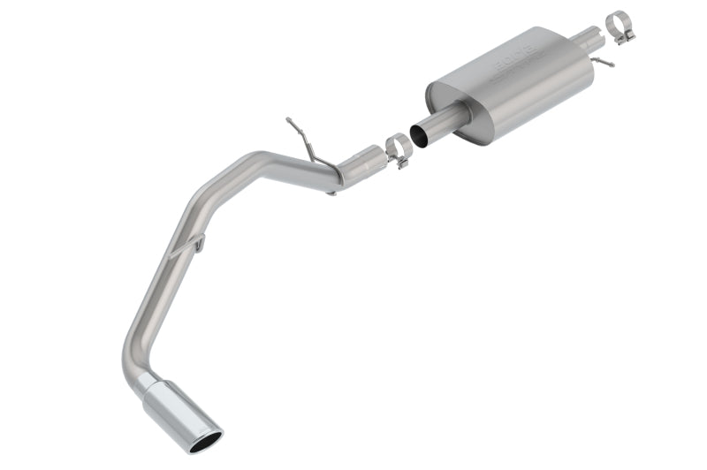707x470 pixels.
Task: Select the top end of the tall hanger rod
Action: pos(289,120)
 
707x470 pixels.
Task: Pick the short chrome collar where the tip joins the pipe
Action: pos(147,383)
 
